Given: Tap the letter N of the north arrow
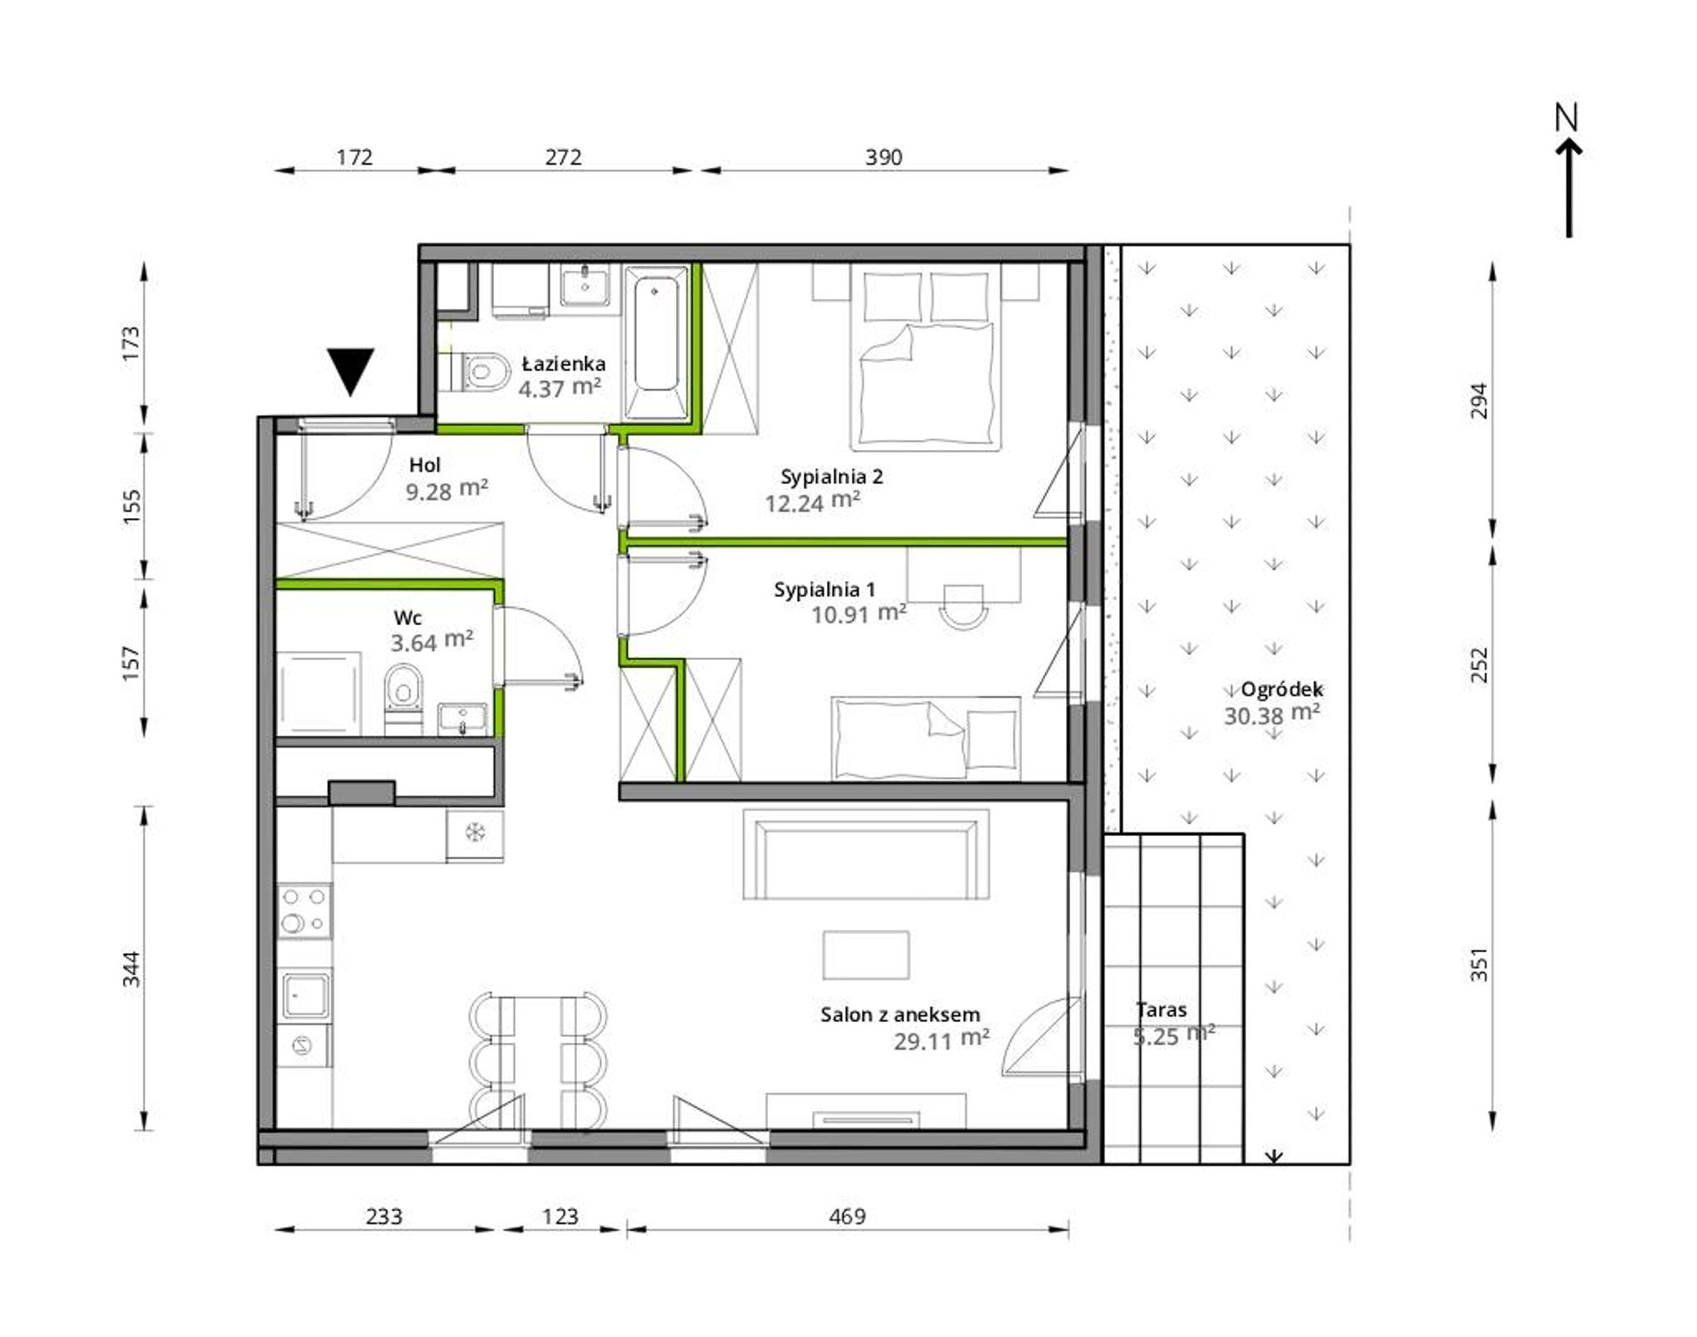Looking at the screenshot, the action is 1567,117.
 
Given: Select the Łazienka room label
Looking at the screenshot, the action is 564,363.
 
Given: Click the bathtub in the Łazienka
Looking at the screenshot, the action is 656,342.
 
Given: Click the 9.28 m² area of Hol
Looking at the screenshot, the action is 447,489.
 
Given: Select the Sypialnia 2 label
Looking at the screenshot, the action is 832,476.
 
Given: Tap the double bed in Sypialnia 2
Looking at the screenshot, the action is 926,357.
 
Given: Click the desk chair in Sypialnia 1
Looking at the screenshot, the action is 963,607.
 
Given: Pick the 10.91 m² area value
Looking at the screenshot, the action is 858,614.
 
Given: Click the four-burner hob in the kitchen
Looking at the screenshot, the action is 304,910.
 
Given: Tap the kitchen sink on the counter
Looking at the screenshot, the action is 305,995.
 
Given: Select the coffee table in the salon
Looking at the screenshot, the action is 865,955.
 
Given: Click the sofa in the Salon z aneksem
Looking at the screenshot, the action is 865,854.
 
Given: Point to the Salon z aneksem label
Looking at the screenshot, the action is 900,1014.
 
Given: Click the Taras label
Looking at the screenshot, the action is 1161,1009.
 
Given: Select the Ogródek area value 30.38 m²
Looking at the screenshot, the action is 1272,714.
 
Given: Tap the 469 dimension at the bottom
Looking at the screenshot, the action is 847,1216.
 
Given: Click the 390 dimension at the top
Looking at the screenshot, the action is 883,157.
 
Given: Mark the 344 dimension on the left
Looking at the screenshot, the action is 131,969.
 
